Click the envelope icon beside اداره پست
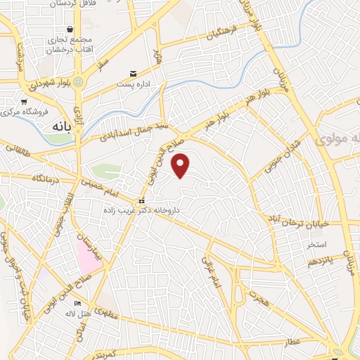[133, 74]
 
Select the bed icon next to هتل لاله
[77, 304]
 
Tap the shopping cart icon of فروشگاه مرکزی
[5, 111]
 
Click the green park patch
[105, 172]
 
